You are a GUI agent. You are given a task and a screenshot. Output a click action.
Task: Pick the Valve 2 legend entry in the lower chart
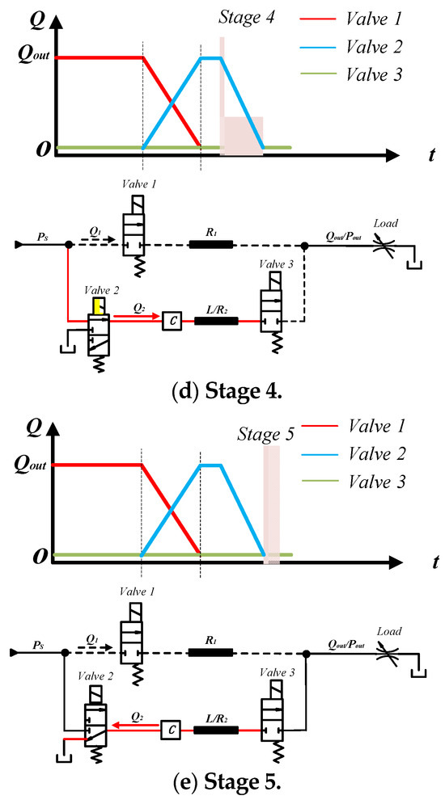point(373,455)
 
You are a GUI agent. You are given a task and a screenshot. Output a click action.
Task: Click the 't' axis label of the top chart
point(423,158)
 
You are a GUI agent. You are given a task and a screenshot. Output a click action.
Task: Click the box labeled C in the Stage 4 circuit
point(172,321)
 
